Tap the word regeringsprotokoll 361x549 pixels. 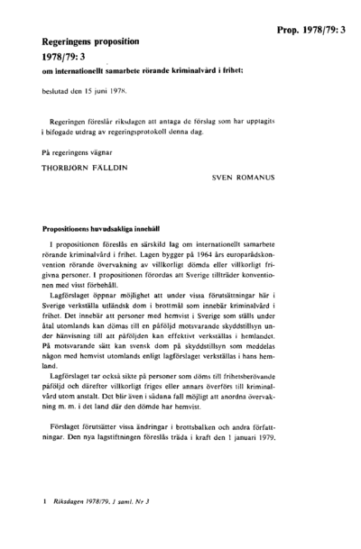coord(184,128)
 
